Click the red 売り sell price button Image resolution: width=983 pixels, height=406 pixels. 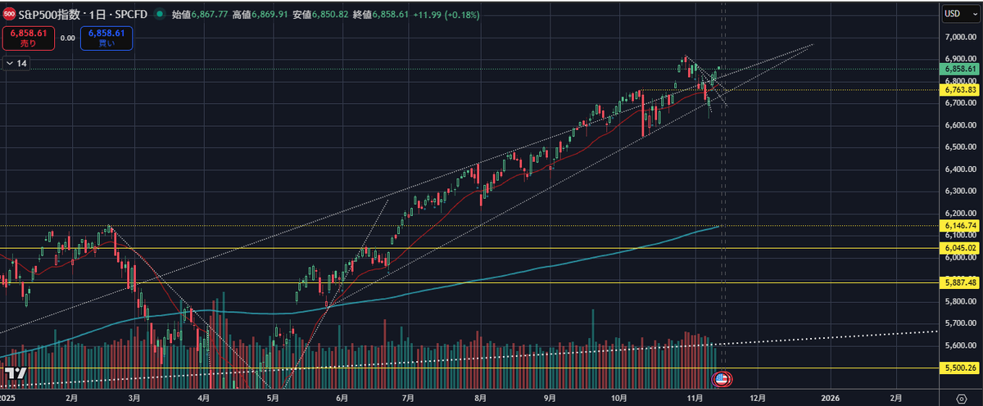29,37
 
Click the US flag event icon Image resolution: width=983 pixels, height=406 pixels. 721,378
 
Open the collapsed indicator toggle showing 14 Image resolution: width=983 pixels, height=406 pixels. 16,63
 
